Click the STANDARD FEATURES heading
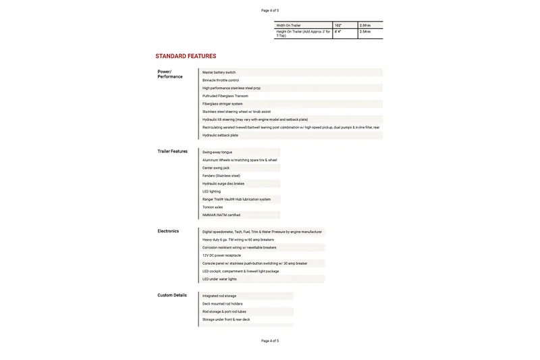click(x=186, y=56)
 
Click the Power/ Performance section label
click(x=169, y=74)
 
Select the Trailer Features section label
click(x=172, y=151)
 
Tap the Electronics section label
click(x=168, y=231)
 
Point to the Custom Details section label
click(x=172, y=295)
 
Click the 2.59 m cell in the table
click(x=365, y=25)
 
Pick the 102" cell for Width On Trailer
click(x=338, y=25)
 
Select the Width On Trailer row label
click(x=288, y=25)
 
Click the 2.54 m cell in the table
click(x=365, y=32)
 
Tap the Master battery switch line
click(x=219, y=72)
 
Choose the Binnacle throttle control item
click(x=221, y=80)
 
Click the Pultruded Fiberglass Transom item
click(x=225, y=96)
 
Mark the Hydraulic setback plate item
click(x=220, y=135)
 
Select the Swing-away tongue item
click(x=217, y=152)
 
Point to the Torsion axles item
click(x=212, y=207)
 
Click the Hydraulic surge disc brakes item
click(x=223, y=184)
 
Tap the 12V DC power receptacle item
click(x=221, y=255)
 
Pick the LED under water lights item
click(x=219, y=279)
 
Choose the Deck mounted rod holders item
click(x=222, y=304)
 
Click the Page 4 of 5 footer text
click(x=270, y=341)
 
